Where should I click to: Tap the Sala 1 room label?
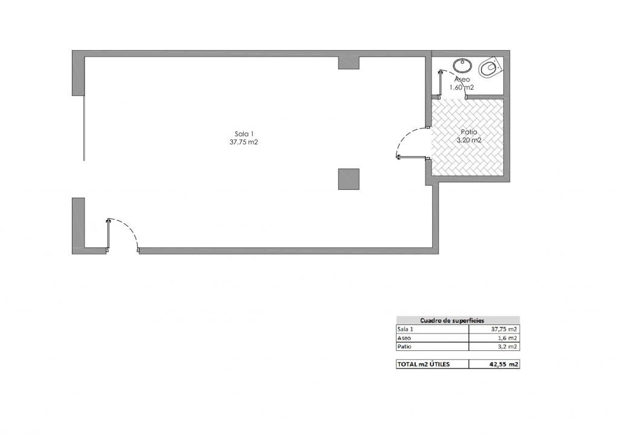click(x=244, y=134)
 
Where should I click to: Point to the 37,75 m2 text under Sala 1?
click(x=244, y=142)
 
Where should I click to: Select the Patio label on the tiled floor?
click(x=468, y=132)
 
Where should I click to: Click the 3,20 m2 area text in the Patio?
click(x=468, y=141)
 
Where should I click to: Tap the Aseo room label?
click(x=462, y=80)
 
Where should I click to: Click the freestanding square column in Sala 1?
click(x=348, y=179)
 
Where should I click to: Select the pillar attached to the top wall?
click(x=348, y=63)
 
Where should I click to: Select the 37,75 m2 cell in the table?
click(x=504, y=329)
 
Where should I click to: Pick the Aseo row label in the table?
click(x=404, y=338)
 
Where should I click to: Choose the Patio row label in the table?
click(x=404, y=347)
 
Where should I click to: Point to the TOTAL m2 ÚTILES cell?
click(x=423, y=364)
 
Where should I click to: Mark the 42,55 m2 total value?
click(x=504, y=364)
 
